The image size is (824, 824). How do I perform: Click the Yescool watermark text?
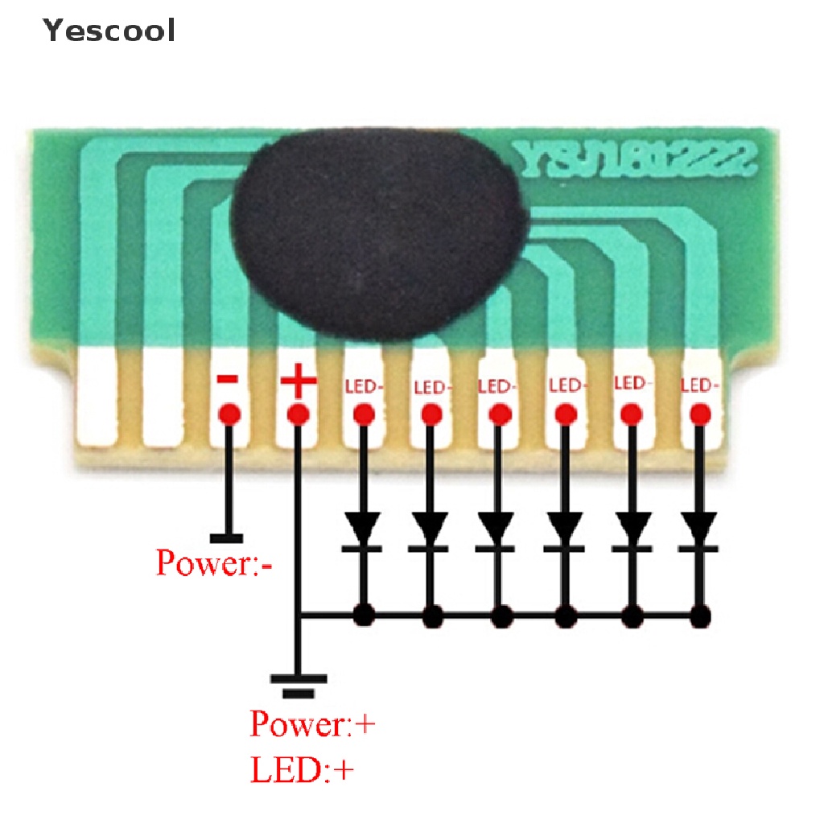[109, 31]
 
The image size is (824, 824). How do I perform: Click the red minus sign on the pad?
[229, 380]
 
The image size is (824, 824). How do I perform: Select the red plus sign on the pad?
[297, 381]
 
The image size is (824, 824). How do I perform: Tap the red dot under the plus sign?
[298, 415]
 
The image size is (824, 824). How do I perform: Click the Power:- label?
[214, 562]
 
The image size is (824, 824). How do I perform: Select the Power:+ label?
[312, 723]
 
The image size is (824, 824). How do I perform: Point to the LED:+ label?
[303, 771]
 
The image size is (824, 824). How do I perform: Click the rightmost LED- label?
[699, 385]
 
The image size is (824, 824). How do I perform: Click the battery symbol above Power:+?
[299, 684]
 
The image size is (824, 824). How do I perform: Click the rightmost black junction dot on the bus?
[700, 616]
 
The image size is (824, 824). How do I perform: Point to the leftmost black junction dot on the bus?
[364, 616]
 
